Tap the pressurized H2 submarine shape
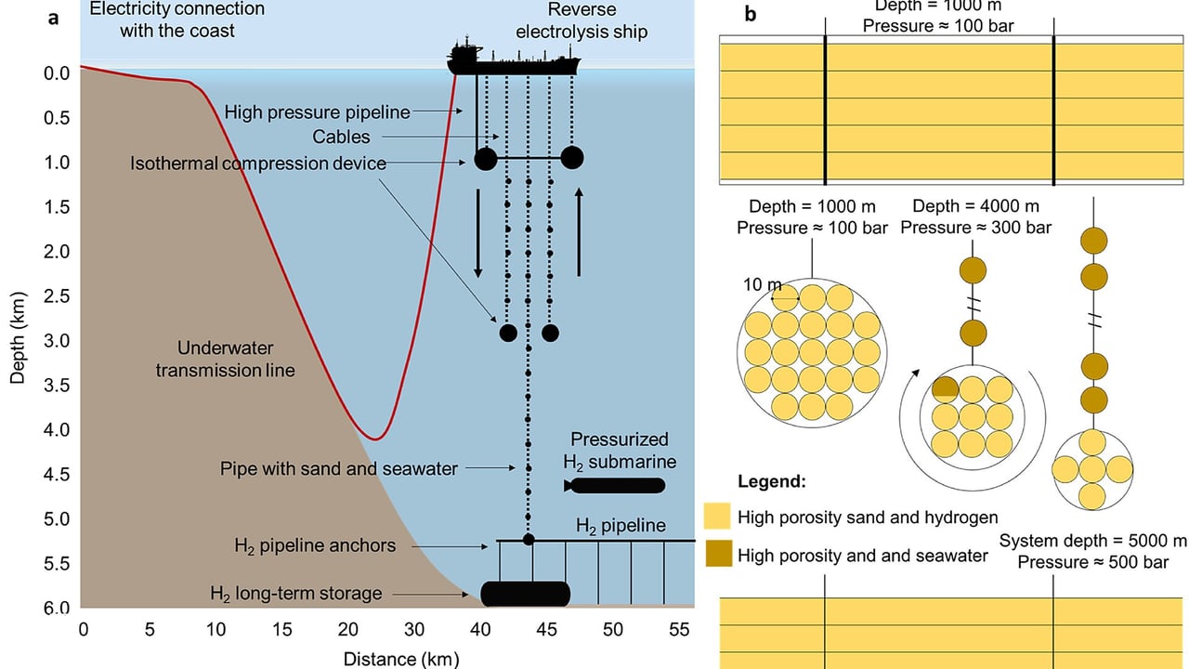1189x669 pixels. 615,485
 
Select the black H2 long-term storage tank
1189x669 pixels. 526,594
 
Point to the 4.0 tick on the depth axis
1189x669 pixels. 57,429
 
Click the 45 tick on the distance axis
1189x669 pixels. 546,630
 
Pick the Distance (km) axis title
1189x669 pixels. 401,660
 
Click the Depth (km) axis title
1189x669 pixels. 17,337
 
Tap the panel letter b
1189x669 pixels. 750,14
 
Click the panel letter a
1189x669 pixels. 53,19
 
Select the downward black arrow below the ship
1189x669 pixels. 477,233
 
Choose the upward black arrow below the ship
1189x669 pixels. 579,232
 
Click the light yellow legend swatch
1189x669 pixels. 717,516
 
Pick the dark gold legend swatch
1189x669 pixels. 719,554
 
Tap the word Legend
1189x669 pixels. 772,481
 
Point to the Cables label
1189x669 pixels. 341,137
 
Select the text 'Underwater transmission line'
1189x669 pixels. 225,359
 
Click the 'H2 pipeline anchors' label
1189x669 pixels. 315,545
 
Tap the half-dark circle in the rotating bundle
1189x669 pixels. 946,389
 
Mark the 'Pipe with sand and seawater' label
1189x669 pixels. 339,469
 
